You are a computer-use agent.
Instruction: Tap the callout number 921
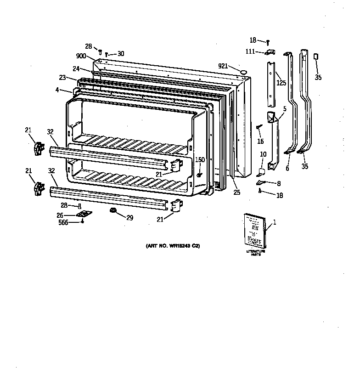tap(223, 66)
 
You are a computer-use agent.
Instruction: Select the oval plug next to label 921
tap(243, 71)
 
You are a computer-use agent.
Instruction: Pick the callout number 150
tap(200, 159)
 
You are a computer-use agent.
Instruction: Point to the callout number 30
tap(121, 54)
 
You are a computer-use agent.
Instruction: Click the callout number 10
tap(263, 155)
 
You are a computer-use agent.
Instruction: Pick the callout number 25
tap(237, 192)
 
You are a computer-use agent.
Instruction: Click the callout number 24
tap(76, 69)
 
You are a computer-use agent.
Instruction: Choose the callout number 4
tap(57, 90)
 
